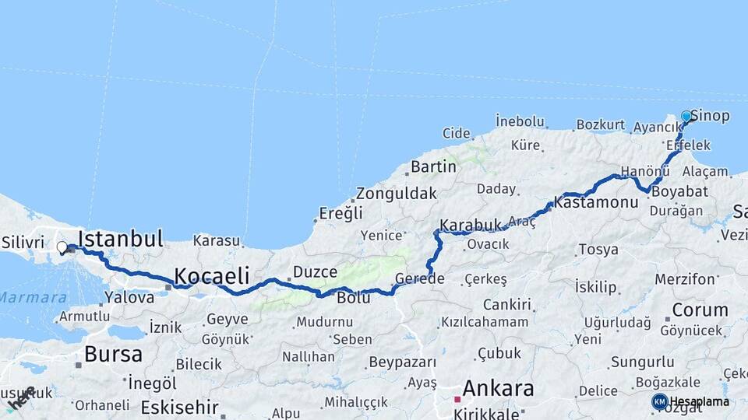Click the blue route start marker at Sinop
click(686, 117)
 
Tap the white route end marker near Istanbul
click(62, 247)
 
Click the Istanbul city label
click(121, 238)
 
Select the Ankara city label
click(498, 387)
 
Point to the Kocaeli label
click(211, 275)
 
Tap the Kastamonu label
click(596, 202)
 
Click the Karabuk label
click(470, 226)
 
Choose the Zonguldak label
click(397, 194)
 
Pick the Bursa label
click(114, 355)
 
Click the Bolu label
click(353, 297)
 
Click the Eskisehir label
click(180, 408)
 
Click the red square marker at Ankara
click(457, 399)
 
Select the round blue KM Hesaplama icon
click(659, 401)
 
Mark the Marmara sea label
click(33, 297)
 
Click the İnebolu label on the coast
click(520, 121)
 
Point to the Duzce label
click(316, 272)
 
